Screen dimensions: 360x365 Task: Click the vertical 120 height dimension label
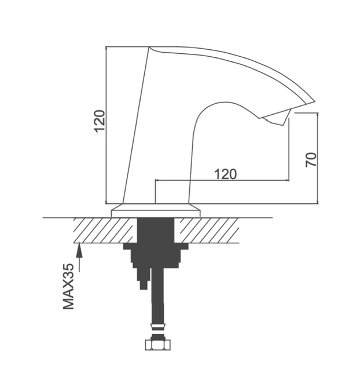(100, 121)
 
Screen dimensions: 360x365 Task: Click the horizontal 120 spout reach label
(225, 174)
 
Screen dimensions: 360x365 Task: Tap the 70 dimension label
(311, 160)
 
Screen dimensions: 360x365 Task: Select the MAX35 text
(68, 286)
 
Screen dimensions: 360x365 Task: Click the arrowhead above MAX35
(79, 250)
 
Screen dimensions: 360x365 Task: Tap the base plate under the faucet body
(156, 210)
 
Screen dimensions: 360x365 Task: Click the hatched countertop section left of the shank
(105, 231)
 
